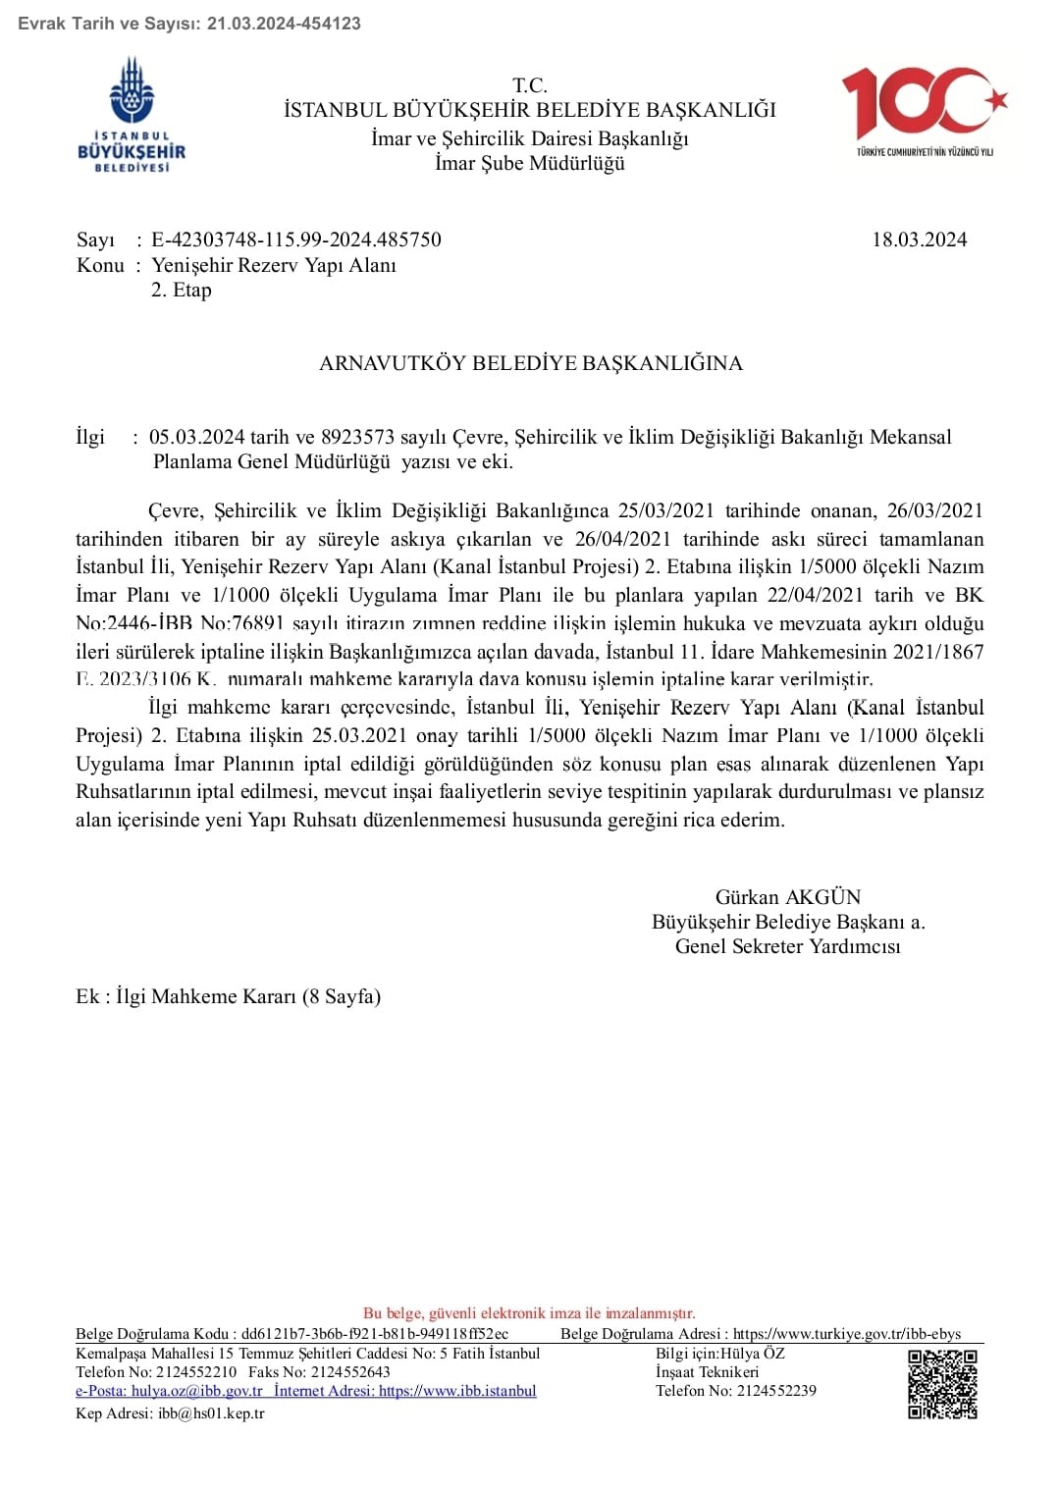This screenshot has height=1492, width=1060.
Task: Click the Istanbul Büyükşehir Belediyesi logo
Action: [132, 115]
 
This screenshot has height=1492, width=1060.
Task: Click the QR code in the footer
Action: [942, 1384]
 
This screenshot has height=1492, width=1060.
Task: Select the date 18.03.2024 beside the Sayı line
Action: [919, 240]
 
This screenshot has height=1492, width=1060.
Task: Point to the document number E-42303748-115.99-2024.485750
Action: [295, 240]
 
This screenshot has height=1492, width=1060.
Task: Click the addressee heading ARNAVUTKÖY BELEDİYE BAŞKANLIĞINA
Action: [530, 363]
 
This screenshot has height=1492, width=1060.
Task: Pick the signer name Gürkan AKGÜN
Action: [787, 897]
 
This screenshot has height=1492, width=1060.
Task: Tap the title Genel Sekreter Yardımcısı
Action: [787, 946]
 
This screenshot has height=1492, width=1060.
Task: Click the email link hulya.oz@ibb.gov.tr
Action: [169, 1391]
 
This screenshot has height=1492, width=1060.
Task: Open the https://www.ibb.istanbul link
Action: [457, 1391]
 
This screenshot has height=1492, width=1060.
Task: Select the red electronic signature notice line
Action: [529, 1313]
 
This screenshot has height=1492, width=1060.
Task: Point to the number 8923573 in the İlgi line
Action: [357, 437]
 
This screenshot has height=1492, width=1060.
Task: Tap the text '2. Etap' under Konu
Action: [182, 290]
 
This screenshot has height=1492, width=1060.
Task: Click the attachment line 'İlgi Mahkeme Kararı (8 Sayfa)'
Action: [247, 996]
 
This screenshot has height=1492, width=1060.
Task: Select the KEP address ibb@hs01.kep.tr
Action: [211, 1413]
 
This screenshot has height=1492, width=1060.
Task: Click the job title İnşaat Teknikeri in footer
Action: [707, 1372]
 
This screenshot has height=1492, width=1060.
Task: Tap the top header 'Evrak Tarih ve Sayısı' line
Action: [189, 23]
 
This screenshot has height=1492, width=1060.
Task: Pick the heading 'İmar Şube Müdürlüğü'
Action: [530, 164]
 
